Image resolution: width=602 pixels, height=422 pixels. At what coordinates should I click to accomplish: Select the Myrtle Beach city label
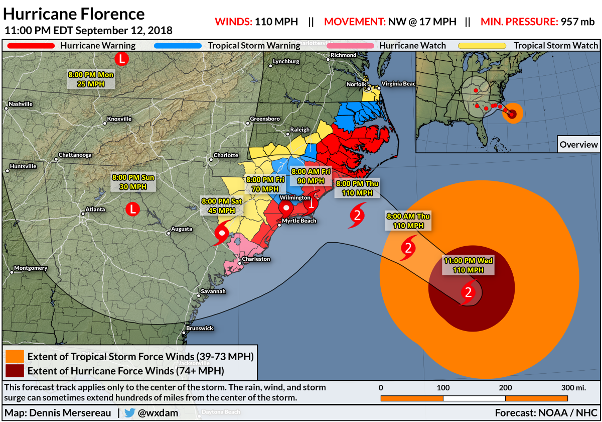[x=299, y=221]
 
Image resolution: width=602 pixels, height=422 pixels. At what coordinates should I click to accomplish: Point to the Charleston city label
[x=256, y=259]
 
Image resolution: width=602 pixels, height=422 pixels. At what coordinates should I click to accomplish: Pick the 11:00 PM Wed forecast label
[x=468, y=265]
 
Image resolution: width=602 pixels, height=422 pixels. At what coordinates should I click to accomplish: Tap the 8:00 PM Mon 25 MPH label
[x=91, y=79]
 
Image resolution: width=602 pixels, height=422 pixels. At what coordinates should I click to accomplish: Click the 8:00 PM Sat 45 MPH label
[x=222, y=205]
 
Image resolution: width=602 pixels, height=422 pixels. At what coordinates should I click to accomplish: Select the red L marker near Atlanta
[x=132, y=208]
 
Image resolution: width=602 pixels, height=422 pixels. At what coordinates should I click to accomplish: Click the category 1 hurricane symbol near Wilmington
[x=311, y=203]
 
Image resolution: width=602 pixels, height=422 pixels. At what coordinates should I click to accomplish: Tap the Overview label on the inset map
[x=578, y=144]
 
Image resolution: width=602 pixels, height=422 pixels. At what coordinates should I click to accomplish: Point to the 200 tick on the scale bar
[x=505, y=387]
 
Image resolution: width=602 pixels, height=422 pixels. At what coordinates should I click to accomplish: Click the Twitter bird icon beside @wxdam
[x=130, y=413]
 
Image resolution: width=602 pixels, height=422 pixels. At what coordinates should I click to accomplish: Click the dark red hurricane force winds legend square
[x=15, y=371]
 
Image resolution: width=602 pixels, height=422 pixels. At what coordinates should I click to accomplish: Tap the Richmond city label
[x=344, y=55]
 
